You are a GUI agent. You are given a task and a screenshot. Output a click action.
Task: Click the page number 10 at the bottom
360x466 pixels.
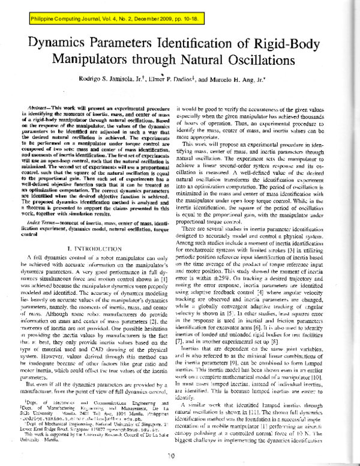(181, 456)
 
